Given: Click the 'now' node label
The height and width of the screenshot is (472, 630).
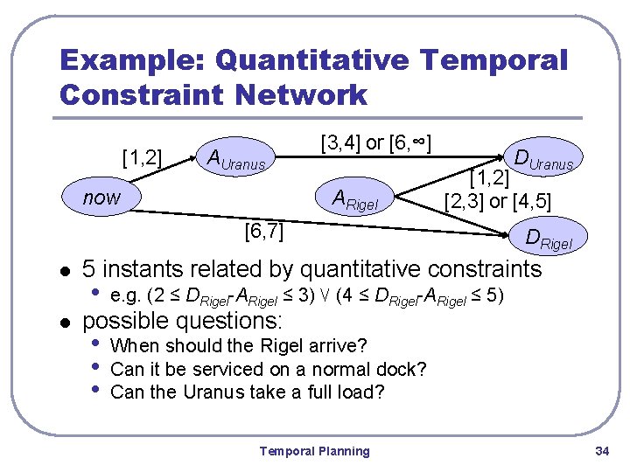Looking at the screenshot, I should point(101,198).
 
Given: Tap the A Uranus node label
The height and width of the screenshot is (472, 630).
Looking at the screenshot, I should point(239,159).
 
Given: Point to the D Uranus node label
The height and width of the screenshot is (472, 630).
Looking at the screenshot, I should point(543,160).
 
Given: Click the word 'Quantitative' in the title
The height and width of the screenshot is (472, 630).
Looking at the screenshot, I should point(314,60).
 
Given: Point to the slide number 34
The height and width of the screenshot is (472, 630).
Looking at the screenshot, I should point(601,451).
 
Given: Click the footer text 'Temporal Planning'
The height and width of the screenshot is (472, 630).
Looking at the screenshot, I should point(314,451).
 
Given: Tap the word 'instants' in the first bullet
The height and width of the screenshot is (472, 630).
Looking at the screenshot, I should point(156,269).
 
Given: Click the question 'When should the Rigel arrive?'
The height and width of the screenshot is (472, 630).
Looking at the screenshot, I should point(239,345).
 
